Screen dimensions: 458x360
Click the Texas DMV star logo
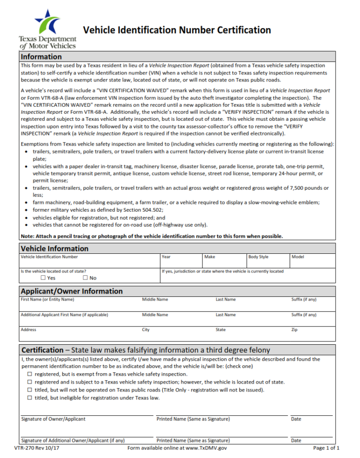[47, 21]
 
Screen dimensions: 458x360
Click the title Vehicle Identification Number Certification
[177, 30]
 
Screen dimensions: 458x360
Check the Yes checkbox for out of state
[44, 278]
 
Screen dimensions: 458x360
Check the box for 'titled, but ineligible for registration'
[30, 398]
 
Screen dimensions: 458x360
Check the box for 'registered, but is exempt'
[30, 374]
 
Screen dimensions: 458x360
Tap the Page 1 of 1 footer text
[326, 448]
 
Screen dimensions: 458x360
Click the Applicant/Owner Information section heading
[72, 291]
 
